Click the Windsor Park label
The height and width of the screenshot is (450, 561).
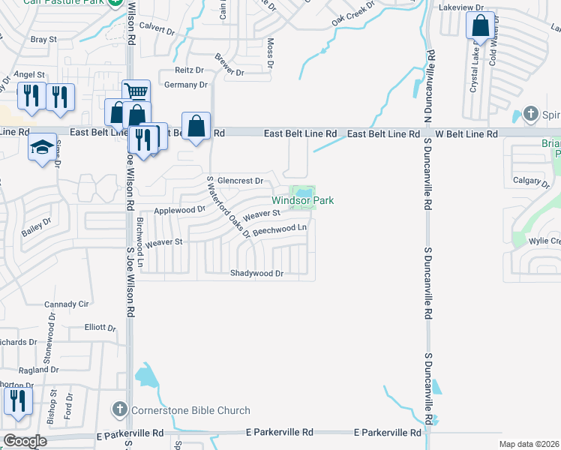point(302,200)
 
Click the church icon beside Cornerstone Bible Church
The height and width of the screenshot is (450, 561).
point(119,409)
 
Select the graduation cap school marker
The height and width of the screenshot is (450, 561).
point(43,147)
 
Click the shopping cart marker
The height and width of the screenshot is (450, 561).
point(136,92)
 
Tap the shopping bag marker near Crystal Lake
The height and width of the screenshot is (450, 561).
point(480,27)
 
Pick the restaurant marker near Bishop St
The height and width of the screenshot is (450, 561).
point(18,400)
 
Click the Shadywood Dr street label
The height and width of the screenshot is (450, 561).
point(256,274)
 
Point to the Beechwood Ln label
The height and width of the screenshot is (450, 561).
point(280,229)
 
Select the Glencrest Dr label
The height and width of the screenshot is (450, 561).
point(240,181)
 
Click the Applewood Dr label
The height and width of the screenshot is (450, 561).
point(179,211)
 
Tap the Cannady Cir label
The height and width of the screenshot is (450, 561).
point(67,304)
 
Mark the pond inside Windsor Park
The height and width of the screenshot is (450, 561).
point(304,192)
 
